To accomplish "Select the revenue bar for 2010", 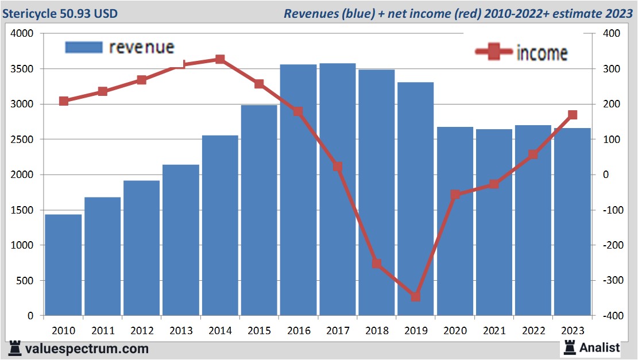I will point(63,265).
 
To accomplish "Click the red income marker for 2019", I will point(415,297).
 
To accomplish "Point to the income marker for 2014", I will point(220,59).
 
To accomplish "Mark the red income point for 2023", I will point(572,115).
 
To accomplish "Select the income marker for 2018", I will point(376,264).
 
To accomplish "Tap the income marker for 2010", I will point(64,101).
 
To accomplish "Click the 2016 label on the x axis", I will point(299,331).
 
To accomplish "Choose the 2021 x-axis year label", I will point(494,331).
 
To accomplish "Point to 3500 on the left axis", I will point(23,69).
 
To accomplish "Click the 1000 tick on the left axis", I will point(23,245).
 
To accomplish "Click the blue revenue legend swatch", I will point(83,47).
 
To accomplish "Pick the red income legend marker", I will point(493,52).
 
